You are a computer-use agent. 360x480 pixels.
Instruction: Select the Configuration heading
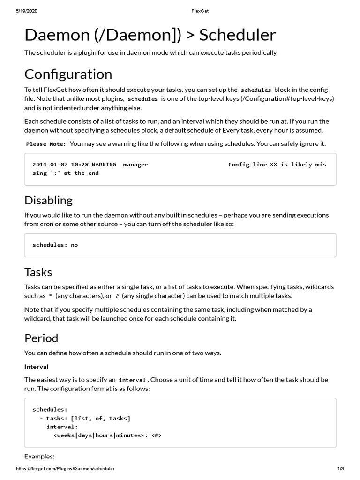[68, 75]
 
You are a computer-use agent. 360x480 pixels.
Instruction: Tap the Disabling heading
[48, 201]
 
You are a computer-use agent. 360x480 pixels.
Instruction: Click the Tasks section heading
[38, 272]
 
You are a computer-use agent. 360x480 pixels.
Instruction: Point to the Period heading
[41, 338]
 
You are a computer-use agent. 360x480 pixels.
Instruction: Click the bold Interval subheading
[36, 367]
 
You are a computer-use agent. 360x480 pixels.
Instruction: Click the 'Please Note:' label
[46, 144]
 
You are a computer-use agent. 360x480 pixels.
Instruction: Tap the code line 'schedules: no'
[55, 245]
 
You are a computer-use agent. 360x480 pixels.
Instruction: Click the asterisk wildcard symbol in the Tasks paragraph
[51, 296]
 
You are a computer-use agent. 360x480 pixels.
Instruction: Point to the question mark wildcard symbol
[117, 296]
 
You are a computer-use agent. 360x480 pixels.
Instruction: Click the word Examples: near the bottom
[39, 456]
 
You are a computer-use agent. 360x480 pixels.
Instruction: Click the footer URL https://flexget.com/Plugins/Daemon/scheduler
[65, 469]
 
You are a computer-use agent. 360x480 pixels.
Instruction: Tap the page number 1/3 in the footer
[341, 469]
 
